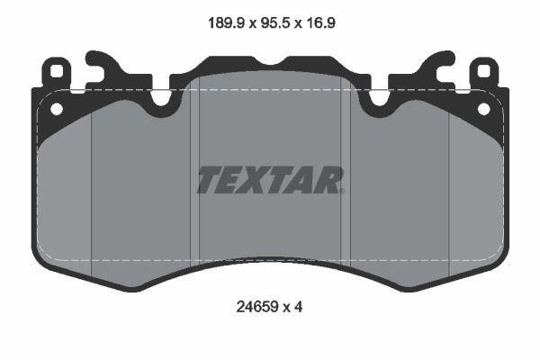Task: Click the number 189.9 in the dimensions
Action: coord(226,23)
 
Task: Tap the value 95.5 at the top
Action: coord(275,23)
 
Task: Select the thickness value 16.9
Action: coord(320,23)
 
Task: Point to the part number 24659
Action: coord(256,307)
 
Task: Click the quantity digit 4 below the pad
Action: coord(298,307)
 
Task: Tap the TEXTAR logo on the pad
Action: coord(270,180)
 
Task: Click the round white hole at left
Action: coord(57,109)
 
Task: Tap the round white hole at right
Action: coord(483,109)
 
